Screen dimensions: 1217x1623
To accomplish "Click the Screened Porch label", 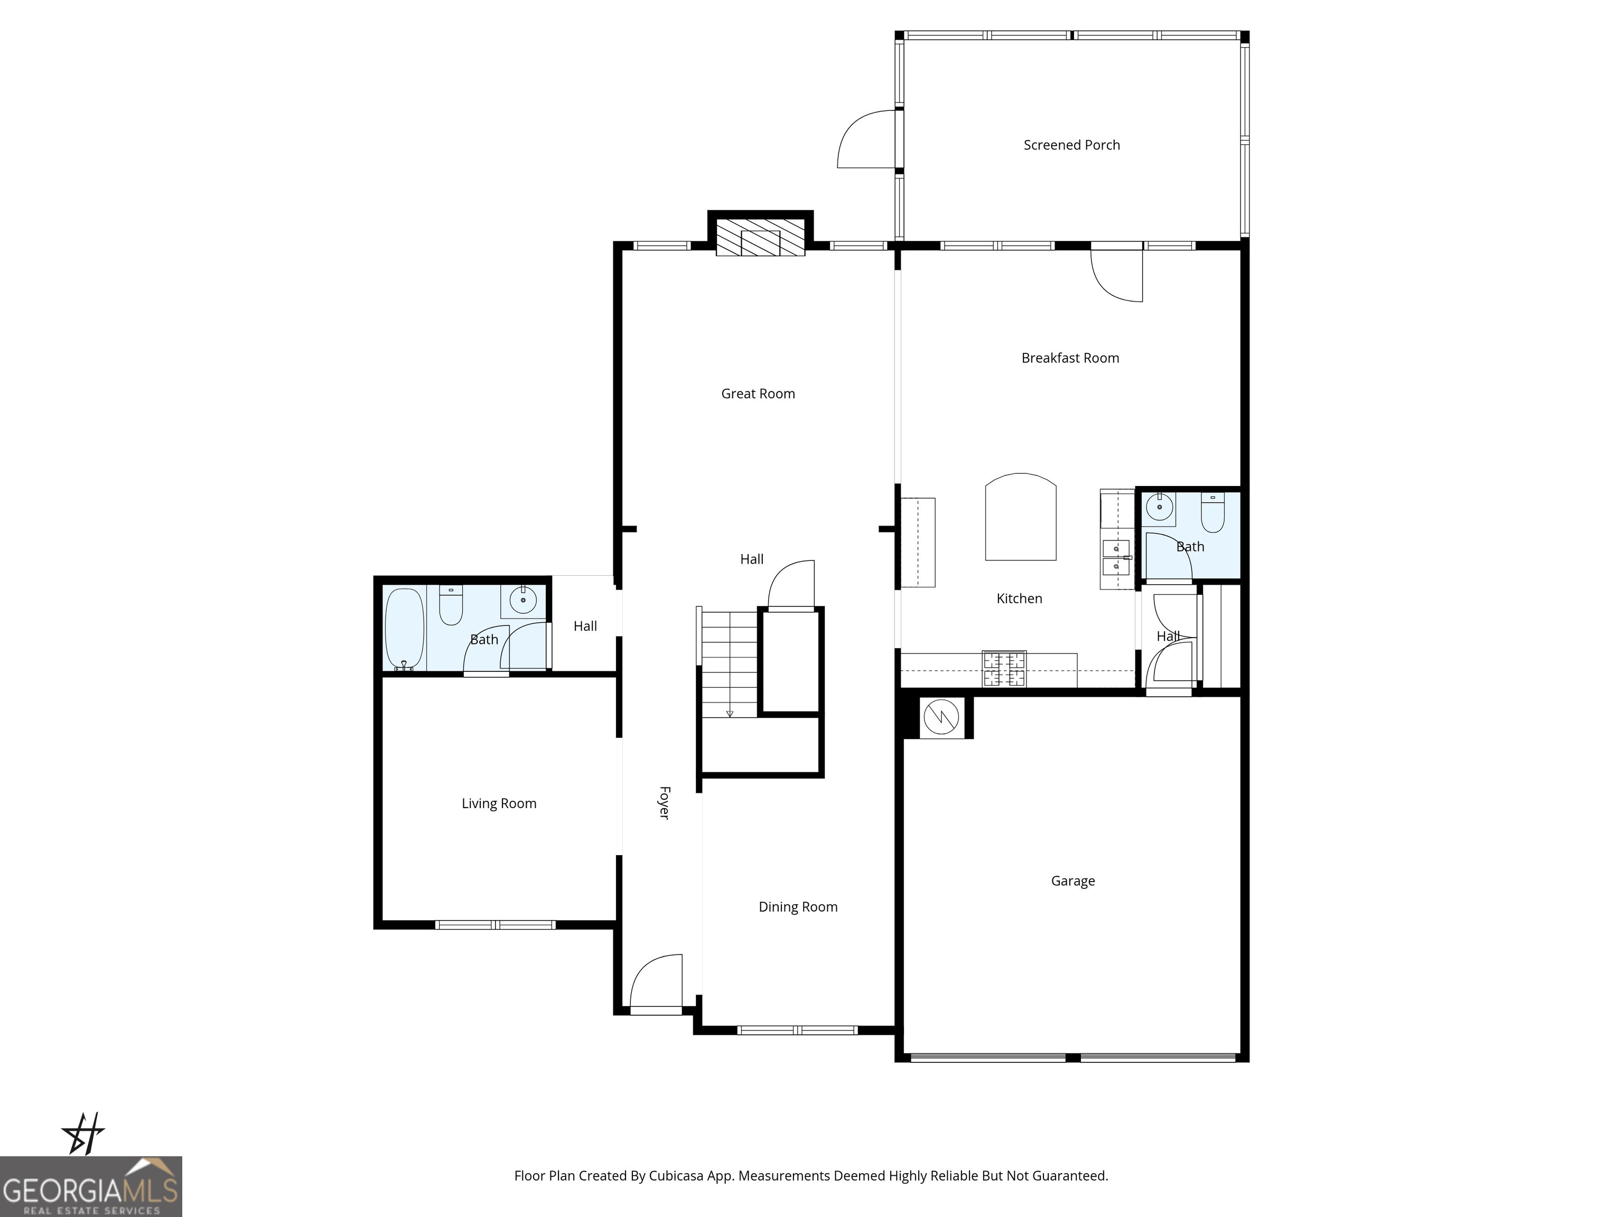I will (x=1071, y=145).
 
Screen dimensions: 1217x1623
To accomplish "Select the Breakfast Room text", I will (x=1070, y=358).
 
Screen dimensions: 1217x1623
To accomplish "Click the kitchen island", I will (x=1020, y=517).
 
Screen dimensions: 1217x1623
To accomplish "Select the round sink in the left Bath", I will (x=523, y=600).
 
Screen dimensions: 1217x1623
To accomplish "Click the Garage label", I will (x=1072, y=881).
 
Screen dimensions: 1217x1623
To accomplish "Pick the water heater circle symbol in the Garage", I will (x=940, y=717).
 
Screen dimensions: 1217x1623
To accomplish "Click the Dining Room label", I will (x=798, y=907).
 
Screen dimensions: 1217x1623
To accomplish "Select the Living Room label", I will (x=499, y=803).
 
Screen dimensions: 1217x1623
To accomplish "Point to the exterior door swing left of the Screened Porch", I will (x=868, y=139).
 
